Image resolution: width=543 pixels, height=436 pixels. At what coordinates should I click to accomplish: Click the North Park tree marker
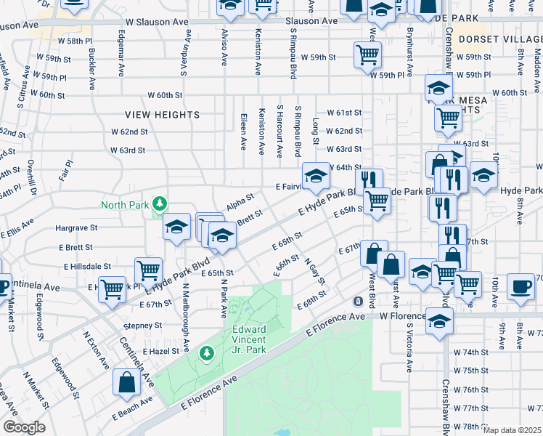[x=159, y=204]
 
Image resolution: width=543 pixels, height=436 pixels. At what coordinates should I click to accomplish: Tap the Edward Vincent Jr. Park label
[x=245, y=339]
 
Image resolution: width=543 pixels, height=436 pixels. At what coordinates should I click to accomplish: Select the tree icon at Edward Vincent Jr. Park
[x=207, y=353]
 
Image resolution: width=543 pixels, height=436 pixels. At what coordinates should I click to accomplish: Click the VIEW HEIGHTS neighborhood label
[x=162, y=115]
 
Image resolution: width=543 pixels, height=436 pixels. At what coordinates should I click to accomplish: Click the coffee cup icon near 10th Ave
[x=520, y=286]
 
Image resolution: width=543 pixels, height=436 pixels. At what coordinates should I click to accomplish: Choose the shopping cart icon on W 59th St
[x=368, y=54]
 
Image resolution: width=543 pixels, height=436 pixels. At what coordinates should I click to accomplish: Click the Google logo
[x=24, y=427]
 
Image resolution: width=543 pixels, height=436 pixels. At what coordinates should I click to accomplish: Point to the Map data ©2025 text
[x=512, y=430]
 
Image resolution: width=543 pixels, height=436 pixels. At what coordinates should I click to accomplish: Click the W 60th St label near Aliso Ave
[x=165, y=95]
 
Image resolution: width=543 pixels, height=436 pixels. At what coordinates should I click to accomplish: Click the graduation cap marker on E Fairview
[x=314, y=177]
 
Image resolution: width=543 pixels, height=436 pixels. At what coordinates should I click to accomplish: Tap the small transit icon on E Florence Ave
[x=358, y=301]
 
